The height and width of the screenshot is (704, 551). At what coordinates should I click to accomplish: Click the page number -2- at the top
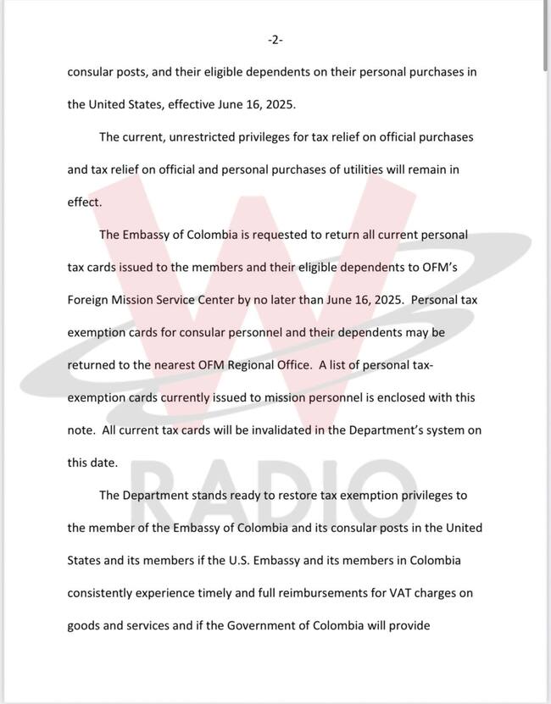[275, 40]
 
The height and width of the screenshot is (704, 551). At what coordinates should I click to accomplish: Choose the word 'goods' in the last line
[86, 626]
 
